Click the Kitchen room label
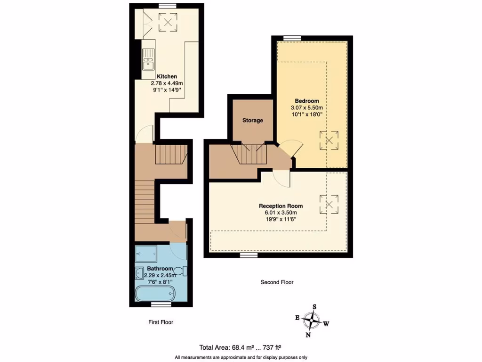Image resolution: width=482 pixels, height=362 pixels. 167,76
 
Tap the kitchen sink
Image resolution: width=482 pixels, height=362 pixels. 148,59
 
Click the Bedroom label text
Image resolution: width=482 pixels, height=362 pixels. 307,101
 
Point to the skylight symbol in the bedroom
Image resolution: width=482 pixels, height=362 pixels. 329,140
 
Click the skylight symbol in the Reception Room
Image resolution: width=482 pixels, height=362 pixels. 329,205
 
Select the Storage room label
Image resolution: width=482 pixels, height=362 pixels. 253,120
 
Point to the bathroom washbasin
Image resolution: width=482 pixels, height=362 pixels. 139,273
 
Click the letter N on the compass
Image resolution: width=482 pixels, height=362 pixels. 308,335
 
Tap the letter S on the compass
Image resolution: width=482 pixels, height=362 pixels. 315,307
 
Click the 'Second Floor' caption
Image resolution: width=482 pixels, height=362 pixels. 277,282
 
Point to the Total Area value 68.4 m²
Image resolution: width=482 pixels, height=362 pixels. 240,348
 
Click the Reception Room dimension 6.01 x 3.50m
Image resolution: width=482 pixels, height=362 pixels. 281,213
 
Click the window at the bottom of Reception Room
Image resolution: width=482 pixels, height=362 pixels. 248,255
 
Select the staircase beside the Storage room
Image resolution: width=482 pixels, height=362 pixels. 249,155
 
